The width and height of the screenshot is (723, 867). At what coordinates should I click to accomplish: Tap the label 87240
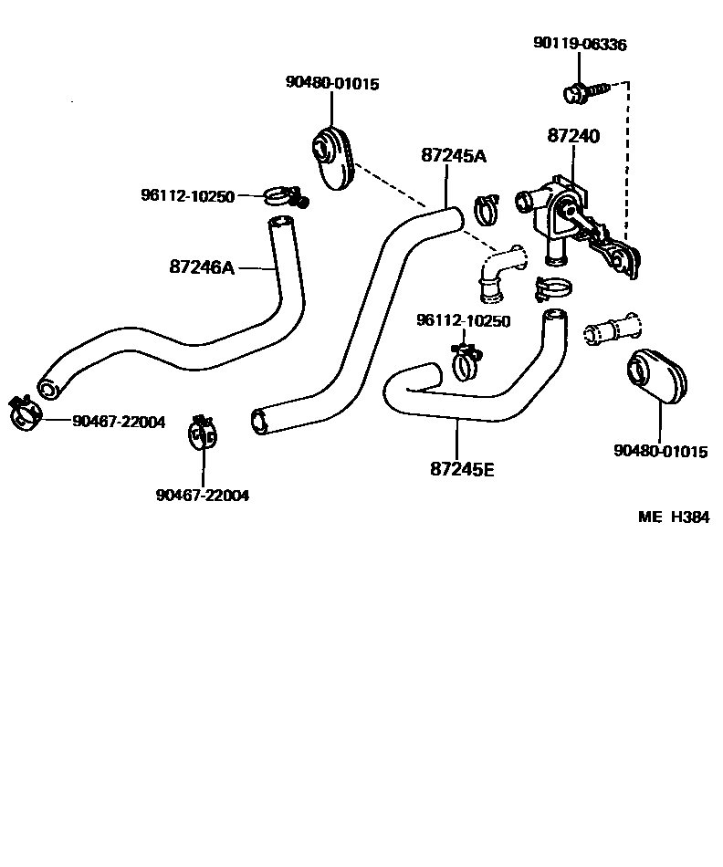click(x=573, y=136)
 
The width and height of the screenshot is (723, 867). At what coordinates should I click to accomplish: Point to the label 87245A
click(x=454, y=155)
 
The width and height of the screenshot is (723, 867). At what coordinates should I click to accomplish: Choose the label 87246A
click(x=202, y=267)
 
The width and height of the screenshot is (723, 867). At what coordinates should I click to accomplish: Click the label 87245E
click(x=462, y=469)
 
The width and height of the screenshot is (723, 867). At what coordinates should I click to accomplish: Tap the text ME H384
click(x=673, y=517)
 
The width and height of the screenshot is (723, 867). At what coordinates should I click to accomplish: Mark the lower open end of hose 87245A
click(x=260, y=419)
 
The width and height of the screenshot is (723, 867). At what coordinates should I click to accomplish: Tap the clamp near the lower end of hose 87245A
click(x=202, y=433)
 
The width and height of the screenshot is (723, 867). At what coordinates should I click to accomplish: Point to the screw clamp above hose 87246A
click(x=285, y=195)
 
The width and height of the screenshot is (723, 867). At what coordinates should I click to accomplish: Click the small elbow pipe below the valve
click(x=497, y=274)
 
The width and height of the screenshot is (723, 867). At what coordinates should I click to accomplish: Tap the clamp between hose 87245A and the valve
click(x=487, y=209)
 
